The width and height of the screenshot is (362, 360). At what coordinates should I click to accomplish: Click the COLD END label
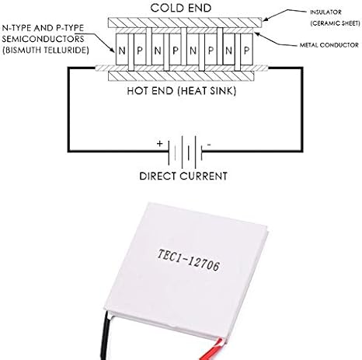[x=181, y=8]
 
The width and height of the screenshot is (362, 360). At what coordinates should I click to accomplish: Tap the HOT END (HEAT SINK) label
[x=182, y=91]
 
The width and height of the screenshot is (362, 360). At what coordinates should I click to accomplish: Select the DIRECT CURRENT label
[x=183, y=177]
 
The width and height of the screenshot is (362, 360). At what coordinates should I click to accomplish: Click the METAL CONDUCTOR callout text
[x=329, y=45]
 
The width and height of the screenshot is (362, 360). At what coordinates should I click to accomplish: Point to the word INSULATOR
[x=325, y=12]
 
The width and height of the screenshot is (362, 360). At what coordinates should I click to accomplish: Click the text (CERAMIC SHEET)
[x=336, y=23]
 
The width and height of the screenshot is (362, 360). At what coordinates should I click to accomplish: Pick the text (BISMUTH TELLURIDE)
[x=46, y=50]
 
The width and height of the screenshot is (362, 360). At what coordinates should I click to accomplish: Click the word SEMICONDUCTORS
[x=43, y=39]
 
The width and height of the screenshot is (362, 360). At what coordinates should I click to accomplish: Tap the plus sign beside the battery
[x=160, y=143]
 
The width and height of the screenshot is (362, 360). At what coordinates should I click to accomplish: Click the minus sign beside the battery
[x=209, y=145]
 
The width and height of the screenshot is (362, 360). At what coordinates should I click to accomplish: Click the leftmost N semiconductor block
[x=122, y=49]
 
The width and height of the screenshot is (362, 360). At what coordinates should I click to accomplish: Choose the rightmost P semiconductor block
[x=246, y=49]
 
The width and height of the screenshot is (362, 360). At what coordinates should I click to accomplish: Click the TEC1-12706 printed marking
[x=189, y=260]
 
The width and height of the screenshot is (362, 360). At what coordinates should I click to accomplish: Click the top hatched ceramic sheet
[x=185, y=23]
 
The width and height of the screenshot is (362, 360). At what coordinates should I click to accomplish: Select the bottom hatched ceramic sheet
[x=181, y=76]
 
